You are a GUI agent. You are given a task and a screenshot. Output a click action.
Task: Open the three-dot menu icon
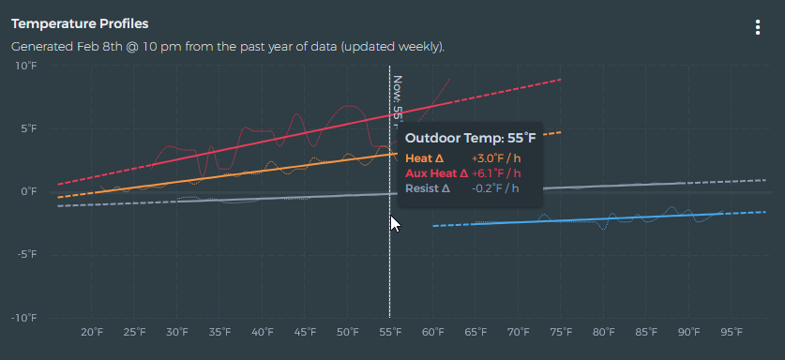click(x=758, y=27)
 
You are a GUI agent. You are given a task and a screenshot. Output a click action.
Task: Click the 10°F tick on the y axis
click(x=25, y=66)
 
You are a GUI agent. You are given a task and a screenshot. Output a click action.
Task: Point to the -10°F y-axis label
click(x=23, y=319)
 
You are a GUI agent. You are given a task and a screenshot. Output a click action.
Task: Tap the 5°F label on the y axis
click(x=27, y=128)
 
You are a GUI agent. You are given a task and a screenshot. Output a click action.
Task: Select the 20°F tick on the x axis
click(x=92, y=332)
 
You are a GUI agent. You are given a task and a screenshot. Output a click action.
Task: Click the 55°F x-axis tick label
click(x=390, y=332)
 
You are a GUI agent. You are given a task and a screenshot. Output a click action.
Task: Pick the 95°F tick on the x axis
click(x=732, y=332)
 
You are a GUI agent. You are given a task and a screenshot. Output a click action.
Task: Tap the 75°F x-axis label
click(x=561, y=332)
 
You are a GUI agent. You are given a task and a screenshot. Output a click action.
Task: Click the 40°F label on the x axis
click(x=263, y=332)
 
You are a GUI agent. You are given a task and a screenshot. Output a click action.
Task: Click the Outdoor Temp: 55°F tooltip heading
click(x=470, y=139)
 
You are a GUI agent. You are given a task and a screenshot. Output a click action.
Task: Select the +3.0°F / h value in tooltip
click(x=495, y=158)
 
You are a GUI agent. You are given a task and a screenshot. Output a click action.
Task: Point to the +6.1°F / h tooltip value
click(x=495, y=173)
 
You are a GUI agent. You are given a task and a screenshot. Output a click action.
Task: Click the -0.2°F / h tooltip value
click(x=495, y=188)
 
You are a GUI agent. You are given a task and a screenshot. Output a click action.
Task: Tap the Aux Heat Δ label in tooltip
click(x=436, y=173)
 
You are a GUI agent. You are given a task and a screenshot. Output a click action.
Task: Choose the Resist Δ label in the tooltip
click(x=427, y=188)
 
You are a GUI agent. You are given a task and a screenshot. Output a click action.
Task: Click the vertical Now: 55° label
click(x=398, y=97)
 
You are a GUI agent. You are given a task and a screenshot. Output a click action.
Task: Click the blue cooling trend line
click(x=581, y=220)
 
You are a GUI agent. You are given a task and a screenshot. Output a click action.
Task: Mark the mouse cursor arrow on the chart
click(x=395, y=223)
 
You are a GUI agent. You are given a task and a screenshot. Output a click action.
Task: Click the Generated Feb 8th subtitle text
click(x=227, y=46)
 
